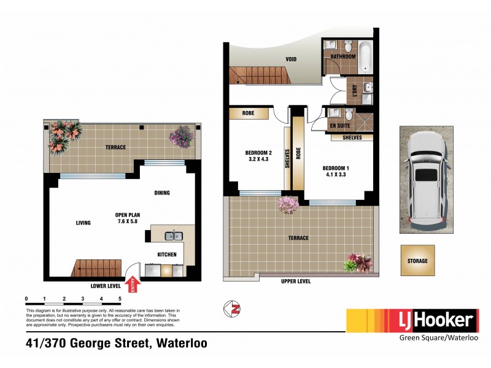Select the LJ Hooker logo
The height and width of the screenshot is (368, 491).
point(412,320)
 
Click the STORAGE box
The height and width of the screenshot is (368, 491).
point(417,261)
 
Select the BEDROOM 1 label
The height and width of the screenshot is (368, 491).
point(336,170)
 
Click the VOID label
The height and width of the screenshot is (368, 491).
point(291,60)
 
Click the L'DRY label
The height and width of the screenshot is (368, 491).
point(354,94)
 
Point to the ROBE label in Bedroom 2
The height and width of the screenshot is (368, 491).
point(249,113)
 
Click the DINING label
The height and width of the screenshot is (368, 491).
point(161,193)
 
